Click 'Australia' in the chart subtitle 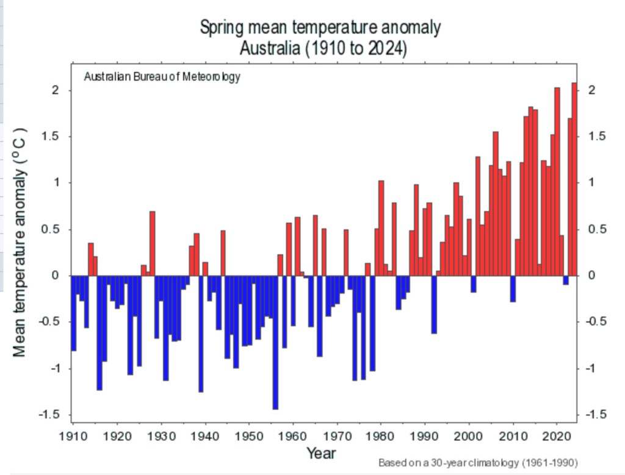pos(267,48)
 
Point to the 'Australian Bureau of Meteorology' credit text pos(162,77)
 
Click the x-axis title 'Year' pos(321,453)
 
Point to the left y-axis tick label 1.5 pos(50,137)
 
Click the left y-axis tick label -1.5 pos(48,415)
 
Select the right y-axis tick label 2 pos(591,90)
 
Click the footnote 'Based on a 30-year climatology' pos(478,462)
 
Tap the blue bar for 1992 pos(434,304)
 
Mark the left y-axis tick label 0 pos(54,276)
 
